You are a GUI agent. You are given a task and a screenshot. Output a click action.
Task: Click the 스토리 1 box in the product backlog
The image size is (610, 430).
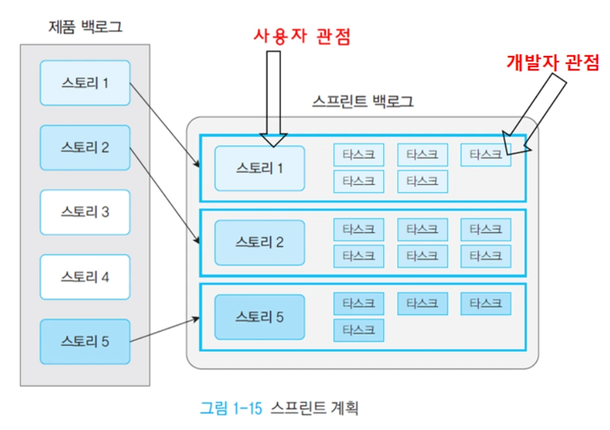[x=85, y=83]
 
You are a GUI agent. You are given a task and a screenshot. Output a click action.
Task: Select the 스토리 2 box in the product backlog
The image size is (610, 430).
[x=85, y=148]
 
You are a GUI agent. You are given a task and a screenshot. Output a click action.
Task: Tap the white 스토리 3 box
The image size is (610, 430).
[x=85, y=212]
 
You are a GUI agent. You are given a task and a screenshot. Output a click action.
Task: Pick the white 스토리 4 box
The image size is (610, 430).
[x=85, y=277]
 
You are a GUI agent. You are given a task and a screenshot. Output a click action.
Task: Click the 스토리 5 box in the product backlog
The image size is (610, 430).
[x=85, y=342]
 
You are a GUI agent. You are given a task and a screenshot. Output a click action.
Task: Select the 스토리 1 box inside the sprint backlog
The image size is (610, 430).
[x=259, y=168]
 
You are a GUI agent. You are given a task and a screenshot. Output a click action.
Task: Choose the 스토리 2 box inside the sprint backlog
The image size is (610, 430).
[x=259, y=242]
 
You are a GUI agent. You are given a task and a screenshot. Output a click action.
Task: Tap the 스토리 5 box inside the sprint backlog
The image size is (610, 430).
[x=259, y=317]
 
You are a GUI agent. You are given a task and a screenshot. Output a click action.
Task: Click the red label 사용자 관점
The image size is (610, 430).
[x=302, y=36]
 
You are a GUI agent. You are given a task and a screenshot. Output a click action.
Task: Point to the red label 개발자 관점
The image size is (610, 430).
[x=553, y=62]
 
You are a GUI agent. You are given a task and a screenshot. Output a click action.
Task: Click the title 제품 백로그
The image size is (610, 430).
[x=85, y=27]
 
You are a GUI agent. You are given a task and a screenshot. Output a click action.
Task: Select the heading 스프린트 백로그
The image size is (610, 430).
[x=363, y=101]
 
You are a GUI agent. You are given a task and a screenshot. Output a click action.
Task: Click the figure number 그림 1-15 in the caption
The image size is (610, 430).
[x=231, y=408]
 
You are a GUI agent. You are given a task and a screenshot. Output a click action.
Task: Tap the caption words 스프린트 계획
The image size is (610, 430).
[x=315, y=408]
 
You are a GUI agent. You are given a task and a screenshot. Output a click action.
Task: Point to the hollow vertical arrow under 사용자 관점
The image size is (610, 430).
[x=274, y=99]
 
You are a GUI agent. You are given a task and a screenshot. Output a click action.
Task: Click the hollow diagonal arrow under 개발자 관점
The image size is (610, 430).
[x=534, y=114]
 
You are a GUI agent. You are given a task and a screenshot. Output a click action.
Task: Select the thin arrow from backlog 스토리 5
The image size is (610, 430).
[x=165, y=330]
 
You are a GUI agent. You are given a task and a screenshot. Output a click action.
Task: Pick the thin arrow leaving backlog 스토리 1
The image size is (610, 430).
[x=165, y=125]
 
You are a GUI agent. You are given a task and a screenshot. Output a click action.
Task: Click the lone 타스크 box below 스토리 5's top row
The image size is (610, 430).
[x=359, y=330]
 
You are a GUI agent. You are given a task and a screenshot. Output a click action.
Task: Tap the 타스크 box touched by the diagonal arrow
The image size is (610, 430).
[x=485, y=155]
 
